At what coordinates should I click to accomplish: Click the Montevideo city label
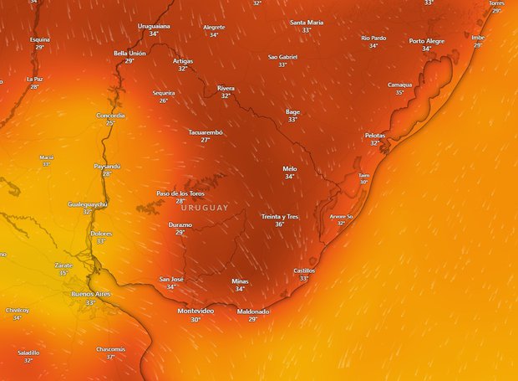click(x=196, y=311)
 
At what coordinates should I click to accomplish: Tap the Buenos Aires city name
click(x=90, y=294)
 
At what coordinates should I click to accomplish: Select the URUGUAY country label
click(x=204, y=208)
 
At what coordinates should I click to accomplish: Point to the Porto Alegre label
click(x=427, y=40)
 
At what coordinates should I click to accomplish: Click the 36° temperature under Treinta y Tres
click(x=280, y=224)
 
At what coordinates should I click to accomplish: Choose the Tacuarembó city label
click(x=206, y=132)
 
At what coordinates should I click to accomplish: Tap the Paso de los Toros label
click(x=180, y=193)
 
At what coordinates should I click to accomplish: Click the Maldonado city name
click(x=253, y=311)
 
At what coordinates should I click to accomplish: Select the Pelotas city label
click(x=375, y=135)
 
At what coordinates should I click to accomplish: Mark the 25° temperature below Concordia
click(x=110, y=123)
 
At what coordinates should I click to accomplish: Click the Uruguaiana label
click(x=154, y=26)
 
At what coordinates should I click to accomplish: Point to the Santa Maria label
click(x=307, y=22)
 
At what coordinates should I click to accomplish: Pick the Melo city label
click(x=290, y=168)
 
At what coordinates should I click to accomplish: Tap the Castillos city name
click(x=304, y=270)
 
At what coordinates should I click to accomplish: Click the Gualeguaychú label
click(x=88, y=203)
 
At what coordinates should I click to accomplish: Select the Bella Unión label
click(x=129, y=53)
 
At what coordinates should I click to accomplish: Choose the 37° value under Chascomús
click(x=110, y=357)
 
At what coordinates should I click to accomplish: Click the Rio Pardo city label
click(x=373, y=38)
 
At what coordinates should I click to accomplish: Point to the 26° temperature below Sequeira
click(x=164, y=100)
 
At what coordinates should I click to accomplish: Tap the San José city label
click(x=171, y=279)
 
